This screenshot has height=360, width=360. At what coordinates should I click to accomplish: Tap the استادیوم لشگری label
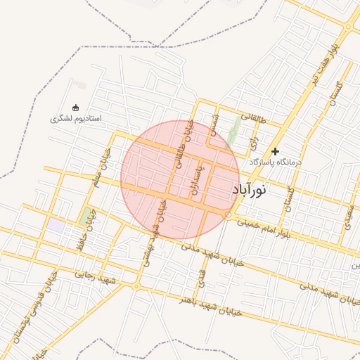[76, 118]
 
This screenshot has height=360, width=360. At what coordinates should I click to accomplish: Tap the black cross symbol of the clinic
[276, 150]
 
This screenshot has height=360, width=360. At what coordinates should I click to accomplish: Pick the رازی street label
[255, 144]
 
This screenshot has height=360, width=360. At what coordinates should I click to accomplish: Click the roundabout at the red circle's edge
[229, 214]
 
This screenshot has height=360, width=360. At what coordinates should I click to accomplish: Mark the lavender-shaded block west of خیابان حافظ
[56, 226]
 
